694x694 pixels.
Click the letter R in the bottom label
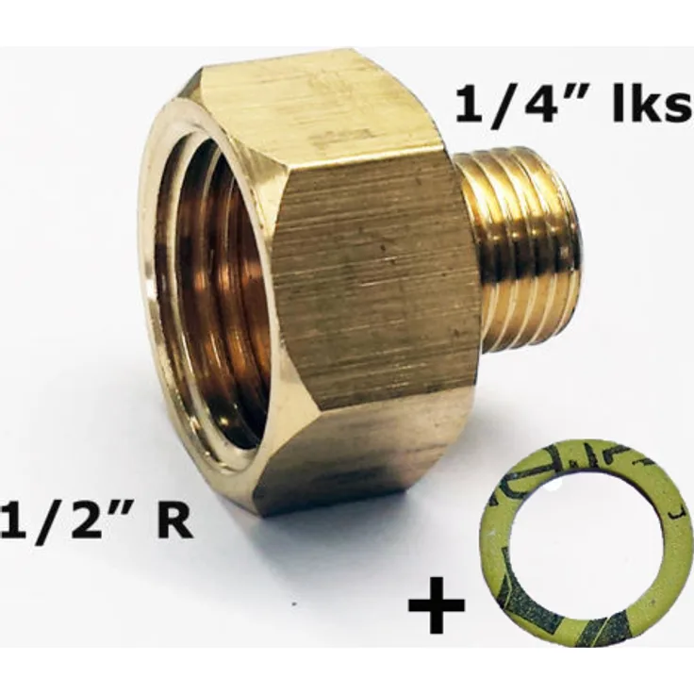coord(175,521)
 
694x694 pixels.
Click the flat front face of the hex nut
coord(372,283)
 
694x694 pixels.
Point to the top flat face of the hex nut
coord(311,104)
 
